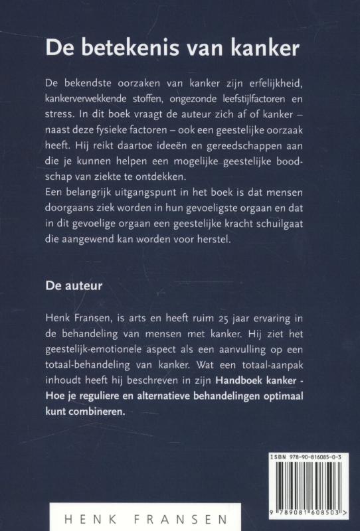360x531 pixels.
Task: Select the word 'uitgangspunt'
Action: (x=145, y=194)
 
